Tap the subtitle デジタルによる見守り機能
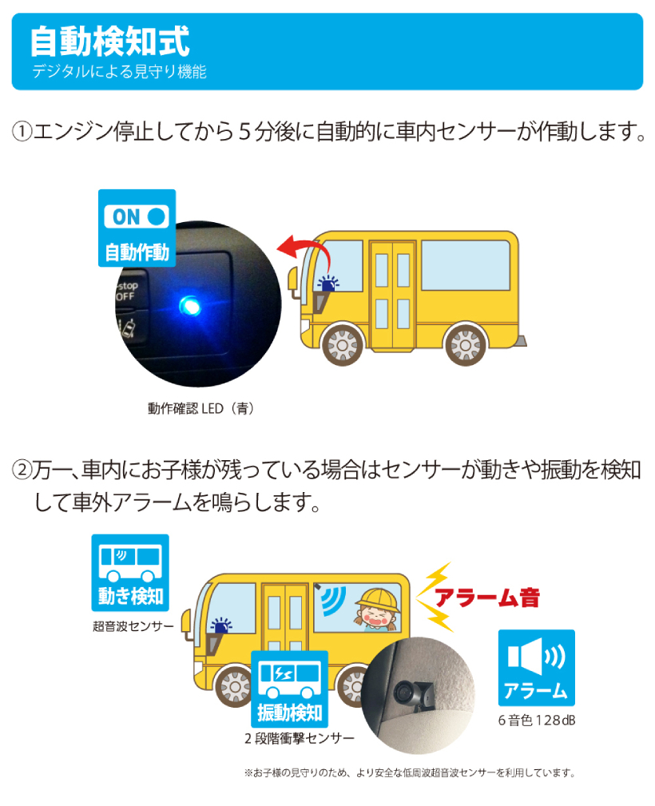[119, 71]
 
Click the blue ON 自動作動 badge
[137, 228]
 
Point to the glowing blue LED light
[190, 307]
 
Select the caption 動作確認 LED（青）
[201, 409]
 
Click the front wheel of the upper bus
[343, 344]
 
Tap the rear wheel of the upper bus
[465, 344]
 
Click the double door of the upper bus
[393, 296]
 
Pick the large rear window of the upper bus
[465, 264]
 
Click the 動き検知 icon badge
[130, 573]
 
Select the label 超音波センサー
[133, 626]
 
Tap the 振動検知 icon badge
[289, 689]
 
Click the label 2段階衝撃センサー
[300, 739]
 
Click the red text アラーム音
[487, 598]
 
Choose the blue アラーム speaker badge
[536, 668]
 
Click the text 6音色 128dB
[536, 720]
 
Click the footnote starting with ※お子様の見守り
[410, 772]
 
